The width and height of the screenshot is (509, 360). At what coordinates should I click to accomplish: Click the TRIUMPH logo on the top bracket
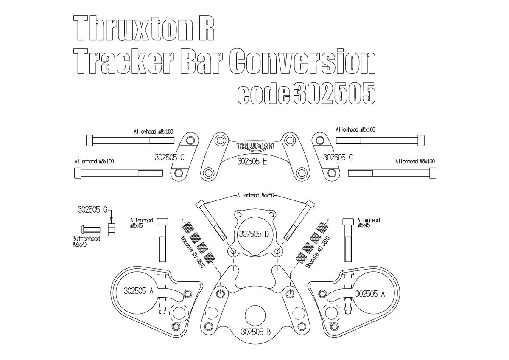point(255,146)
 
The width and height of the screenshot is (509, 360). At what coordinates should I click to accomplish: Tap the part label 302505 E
point(252,161)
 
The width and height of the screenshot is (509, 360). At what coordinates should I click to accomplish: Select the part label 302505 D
point(254,234)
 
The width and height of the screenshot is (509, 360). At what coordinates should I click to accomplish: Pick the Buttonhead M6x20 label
point(86,242)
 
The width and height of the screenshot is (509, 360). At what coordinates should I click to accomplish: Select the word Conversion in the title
point(302,63)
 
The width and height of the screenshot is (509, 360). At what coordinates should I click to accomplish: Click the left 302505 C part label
point(167,157)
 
